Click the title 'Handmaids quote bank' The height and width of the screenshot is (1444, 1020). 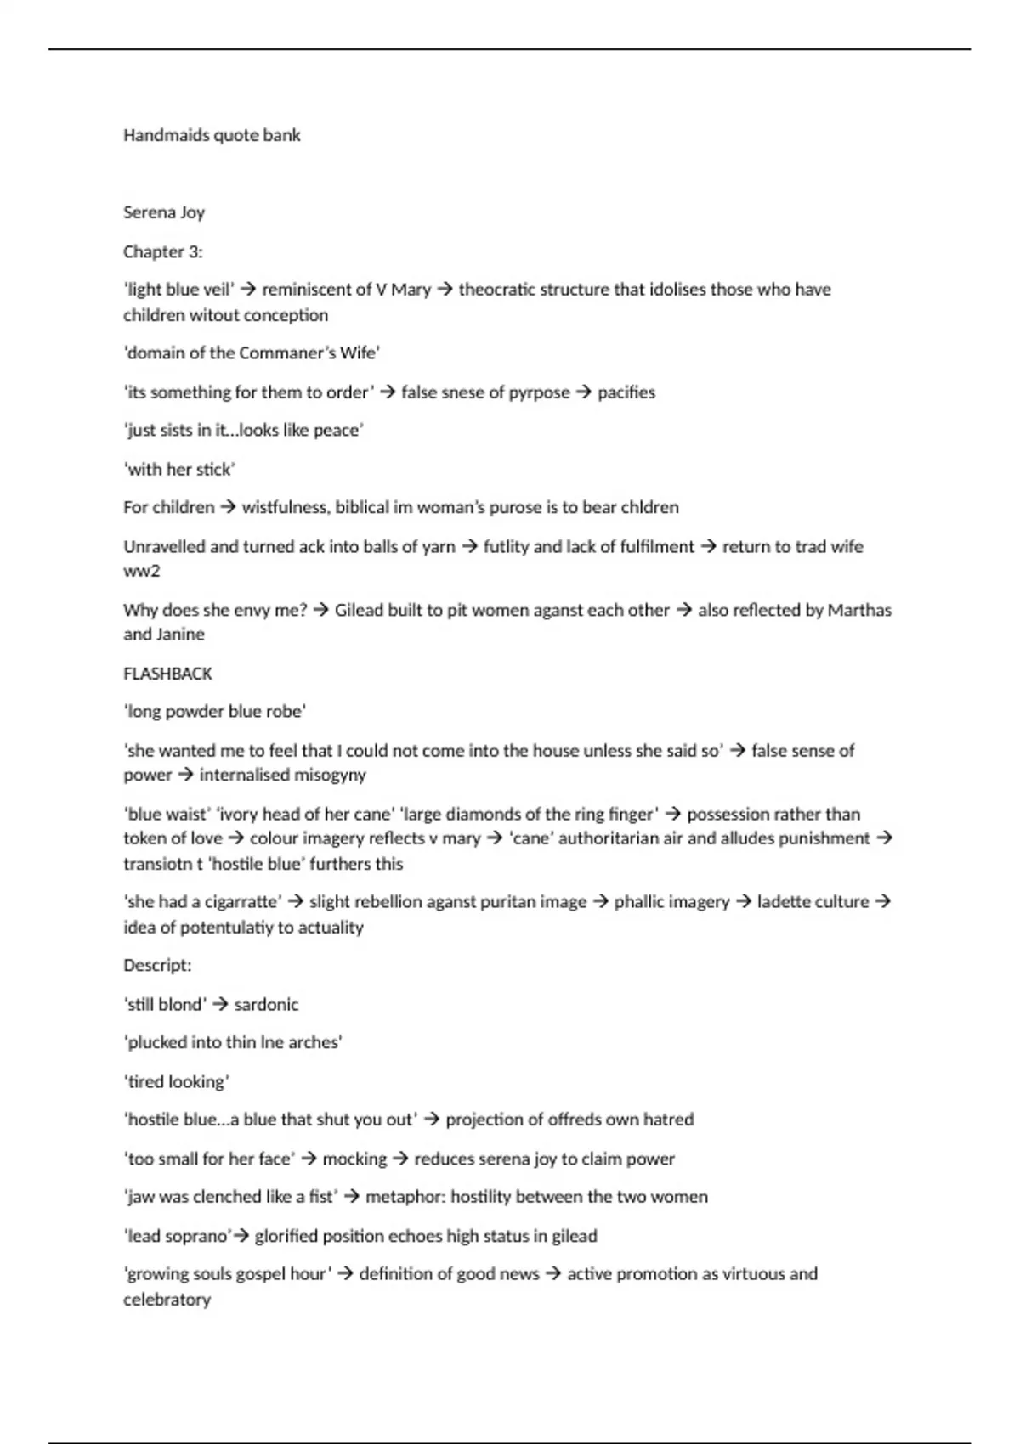click(212, 135)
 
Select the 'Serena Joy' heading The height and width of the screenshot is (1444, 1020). click(164, 212)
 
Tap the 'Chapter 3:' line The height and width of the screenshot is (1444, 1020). click(163, 251)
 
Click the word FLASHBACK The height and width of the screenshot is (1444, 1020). click(167, 674)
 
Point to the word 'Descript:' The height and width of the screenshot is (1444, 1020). click(157, 966)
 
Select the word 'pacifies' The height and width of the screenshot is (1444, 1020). click(626, 392)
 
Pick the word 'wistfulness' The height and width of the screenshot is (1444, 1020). click(286, 508)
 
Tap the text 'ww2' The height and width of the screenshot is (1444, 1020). click(142, 571)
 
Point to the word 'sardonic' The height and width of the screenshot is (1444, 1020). click(266, 1005)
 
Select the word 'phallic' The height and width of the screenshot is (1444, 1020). click(643, 902)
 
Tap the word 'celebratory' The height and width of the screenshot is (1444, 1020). click(167, 1300)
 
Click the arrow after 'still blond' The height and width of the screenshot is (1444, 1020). click(220, 1005)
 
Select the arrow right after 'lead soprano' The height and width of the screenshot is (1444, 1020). click(241, 1236)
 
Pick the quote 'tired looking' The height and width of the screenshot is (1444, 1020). click(178, 1082)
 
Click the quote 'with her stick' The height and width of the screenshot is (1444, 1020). click(180, 470)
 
